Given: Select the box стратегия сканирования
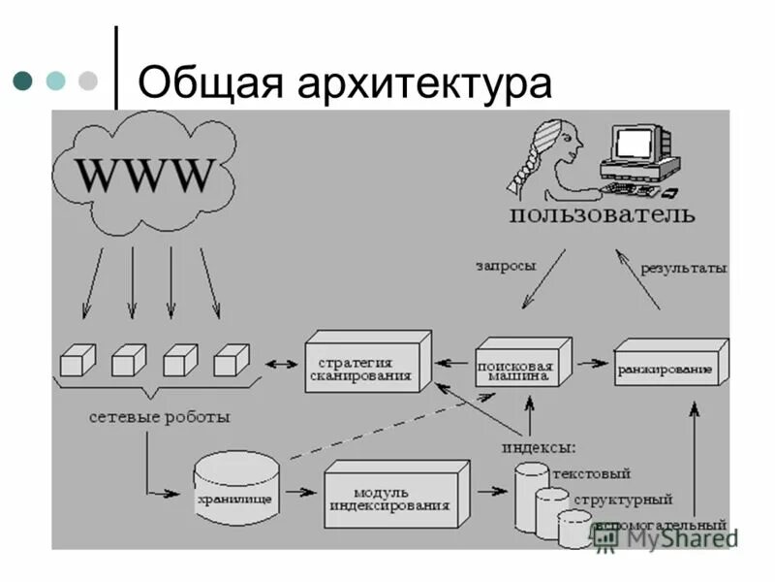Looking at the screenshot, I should click(366, 363).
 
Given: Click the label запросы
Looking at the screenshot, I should click(506, 263).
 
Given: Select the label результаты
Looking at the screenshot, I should click(683, 267).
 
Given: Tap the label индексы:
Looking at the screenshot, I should click(538, 447).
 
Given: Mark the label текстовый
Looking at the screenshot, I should click(591, 473).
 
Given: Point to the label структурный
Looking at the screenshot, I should click(622, 500).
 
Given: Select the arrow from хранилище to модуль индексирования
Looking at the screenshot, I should click(301, 492).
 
